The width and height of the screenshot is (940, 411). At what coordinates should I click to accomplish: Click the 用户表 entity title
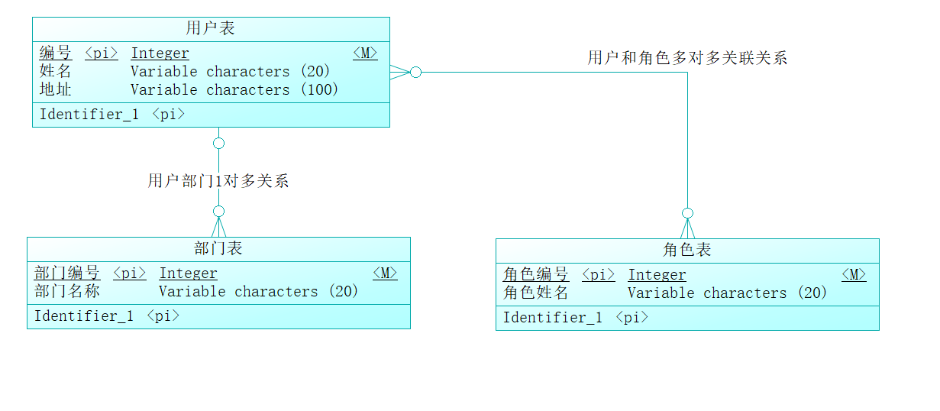coord(211,29)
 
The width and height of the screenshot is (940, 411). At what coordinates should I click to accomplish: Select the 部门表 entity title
coord(218,248)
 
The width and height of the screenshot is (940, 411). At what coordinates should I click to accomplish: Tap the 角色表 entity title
coord(687,250)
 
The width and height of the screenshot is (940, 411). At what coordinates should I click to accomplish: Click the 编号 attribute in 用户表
coord(56,53)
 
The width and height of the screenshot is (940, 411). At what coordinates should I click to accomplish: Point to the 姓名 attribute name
coord(56,72)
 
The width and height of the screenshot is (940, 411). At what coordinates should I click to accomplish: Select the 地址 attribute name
coord(56,90)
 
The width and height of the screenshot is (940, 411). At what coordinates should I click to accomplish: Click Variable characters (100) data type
coord(234,90)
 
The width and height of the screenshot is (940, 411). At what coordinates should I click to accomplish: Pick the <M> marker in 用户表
coord(365,53)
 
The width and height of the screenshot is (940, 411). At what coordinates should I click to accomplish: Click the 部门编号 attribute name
coord(67,273)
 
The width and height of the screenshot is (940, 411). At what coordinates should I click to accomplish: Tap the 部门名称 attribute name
coord(67,292)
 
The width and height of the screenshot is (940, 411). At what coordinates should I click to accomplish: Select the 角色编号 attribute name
coord(536,275)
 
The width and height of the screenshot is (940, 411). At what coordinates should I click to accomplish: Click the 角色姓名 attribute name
coord(536,293)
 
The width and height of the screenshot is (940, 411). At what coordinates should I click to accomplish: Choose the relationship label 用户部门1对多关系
coord(218,182)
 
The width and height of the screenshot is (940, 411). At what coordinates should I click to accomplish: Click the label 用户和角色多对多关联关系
coord(687,58)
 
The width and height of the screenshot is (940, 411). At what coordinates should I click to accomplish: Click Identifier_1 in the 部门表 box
coord(84,316)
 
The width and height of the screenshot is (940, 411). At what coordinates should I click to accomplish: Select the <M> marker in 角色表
coord(854,275)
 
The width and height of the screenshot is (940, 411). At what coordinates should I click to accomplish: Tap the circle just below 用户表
coord(218,143)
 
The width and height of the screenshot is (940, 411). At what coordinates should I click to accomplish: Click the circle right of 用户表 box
coord(415,73)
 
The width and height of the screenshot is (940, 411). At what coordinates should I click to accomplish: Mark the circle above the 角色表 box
coord(687,213)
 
